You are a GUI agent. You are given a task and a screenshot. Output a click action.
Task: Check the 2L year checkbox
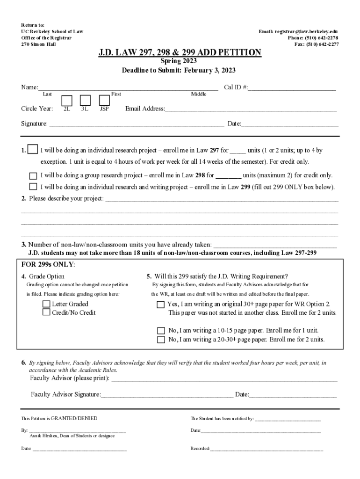tap(67, 101)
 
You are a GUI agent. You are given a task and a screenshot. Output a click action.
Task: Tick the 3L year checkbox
tap(85, 101)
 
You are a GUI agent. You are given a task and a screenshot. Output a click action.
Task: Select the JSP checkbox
tap(104, 101)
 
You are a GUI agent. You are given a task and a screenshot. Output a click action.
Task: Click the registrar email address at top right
tap(298, 31)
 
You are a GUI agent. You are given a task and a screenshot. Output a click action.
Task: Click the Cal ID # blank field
tap(292, 87)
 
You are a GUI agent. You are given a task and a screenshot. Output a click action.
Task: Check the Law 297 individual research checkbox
tap(33, 150)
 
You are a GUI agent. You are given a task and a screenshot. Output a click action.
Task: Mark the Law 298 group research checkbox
tap(33, 176)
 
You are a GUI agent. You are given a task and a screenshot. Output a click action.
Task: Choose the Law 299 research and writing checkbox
tap(33, 187)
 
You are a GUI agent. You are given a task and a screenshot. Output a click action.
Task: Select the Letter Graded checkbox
tap(46, 304)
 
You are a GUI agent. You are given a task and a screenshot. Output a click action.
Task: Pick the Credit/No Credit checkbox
tap(46, 312)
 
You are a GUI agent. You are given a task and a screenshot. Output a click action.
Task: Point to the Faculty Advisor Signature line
tap(167, 395)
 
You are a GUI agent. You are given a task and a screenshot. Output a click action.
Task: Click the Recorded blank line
tap(266, 449)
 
